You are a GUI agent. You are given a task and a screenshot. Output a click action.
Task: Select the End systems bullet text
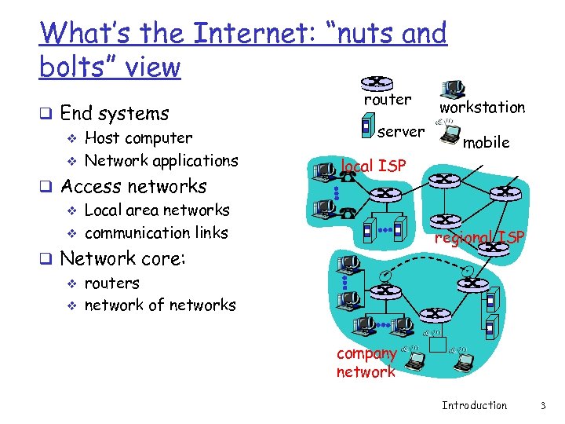pyautogui.click(x=114, y=113)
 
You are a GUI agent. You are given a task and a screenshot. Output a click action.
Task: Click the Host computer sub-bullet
pyautogui.click(x=138, y=138)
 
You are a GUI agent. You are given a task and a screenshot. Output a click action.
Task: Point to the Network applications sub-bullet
pyautogui.click(x=161, y=161)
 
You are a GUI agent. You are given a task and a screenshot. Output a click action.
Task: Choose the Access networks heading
pyautogui.click(x=133, y=186)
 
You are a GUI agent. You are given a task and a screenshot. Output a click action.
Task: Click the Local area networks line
pyautogui.click(x=157, y=210)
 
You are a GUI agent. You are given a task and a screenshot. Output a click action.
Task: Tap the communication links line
pyautogui.click(x=156, y=232)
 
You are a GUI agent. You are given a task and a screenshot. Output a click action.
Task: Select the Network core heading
pyautogui.click(x=122, y=258)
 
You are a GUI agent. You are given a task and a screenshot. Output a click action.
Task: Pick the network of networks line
pyautogui.click(x=160, y=305)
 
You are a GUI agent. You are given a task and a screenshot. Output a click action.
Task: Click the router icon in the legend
pyautogui.click(x=377, y=82)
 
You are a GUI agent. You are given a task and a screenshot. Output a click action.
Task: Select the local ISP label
pyautogui.click(x=373, y=166)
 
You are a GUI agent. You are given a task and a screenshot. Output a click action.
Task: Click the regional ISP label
pyautogui.click(x=479, y=237)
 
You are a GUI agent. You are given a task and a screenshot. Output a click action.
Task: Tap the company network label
pyautogui.click(x=366, y=363)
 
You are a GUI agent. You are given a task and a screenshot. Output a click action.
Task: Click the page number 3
pyautogui.click(x=542, y=405)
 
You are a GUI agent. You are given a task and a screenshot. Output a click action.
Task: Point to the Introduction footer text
pyautogui.click(x=474, y=405)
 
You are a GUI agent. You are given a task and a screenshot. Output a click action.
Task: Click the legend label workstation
pyautogui.click(x=482, y=107)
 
